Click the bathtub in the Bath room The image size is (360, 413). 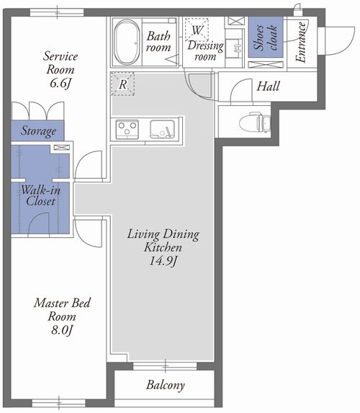pos(127,42)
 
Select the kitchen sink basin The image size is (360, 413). pos(163,129)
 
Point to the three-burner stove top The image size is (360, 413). pos(127,129)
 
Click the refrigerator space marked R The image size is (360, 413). pos(122,84)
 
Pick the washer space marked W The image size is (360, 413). pos(197,30)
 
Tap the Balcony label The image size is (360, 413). pos(166,385)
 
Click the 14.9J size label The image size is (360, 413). pos(163,261)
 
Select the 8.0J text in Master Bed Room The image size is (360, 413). pos(62,330)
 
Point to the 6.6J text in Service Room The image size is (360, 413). pos(60,83)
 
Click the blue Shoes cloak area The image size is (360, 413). pos(266,37)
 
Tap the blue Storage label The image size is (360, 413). pos(38,131)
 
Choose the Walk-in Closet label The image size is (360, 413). pos(40,196)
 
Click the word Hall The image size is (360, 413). pos(268,86)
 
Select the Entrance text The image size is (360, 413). pos(300,42)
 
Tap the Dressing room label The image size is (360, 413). pos(205,51)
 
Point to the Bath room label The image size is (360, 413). pos(158,42)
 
